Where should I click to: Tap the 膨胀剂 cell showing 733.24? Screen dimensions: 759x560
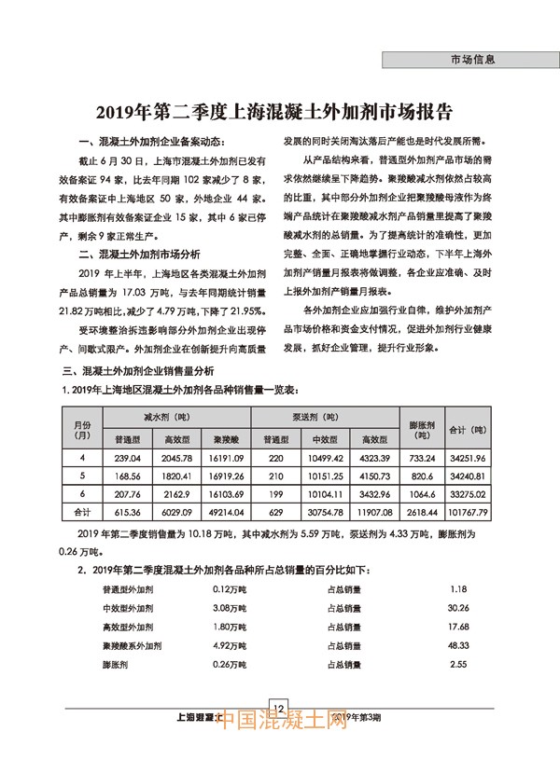tap(423, 458)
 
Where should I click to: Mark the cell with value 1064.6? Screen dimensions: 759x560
tap(423, 493)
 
